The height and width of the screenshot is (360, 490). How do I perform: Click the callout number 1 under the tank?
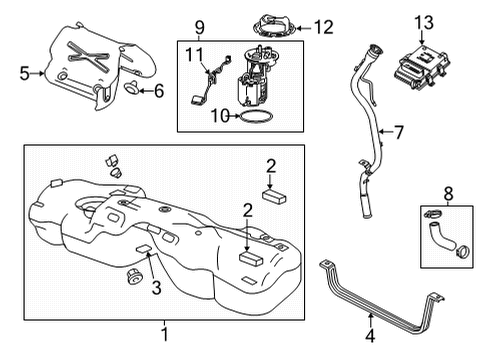click(x=165, y=333)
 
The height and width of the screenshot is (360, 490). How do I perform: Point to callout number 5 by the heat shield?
click(x=25, y=72)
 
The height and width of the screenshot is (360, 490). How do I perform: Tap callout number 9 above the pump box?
click(x=199, y=24)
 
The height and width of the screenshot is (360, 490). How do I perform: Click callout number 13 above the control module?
click(x=425, y=22)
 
